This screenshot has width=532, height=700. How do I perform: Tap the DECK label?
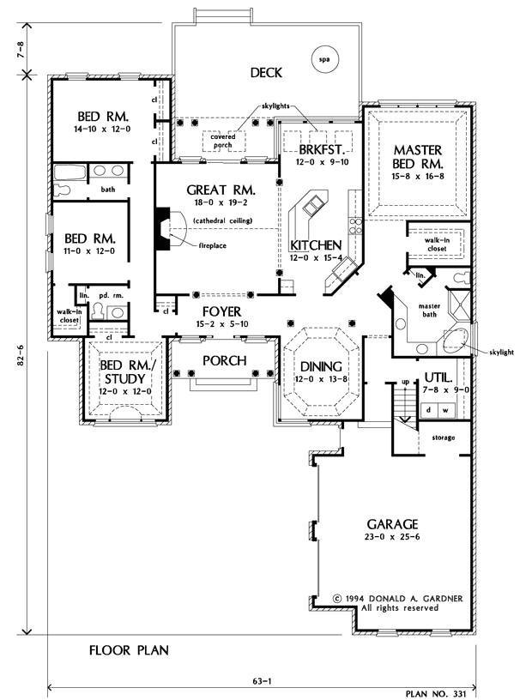pyautogui.click(x=267, y=72)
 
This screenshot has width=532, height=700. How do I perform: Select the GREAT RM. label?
pyautogui.click(x=217, y=190)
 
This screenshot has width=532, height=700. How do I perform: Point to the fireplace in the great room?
pyautogui.click(x=164, y=227)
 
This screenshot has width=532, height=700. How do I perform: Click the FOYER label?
pyautogui.click(x=221, y=311)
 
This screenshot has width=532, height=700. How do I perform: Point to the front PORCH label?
pyautogui.click(x=224, y=360)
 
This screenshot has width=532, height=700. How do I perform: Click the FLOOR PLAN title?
pyautogui.click(x=129, y=650)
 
